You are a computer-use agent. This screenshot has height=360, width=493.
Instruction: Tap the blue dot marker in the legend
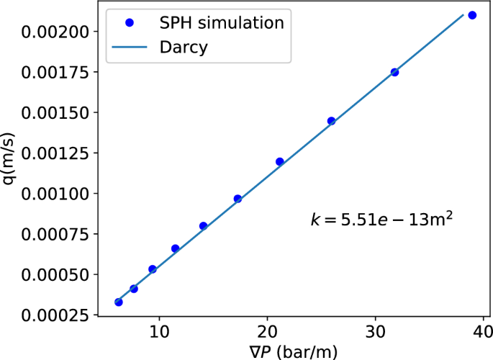tap(130, 22)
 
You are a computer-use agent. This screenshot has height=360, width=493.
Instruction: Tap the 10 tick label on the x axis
tap(159, 337)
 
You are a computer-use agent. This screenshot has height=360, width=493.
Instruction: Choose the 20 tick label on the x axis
tap(267, 337)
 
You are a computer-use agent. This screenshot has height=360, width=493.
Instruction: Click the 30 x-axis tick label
tap(375, 337)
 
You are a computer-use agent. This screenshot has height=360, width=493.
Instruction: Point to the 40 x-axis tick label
tap(483, 337)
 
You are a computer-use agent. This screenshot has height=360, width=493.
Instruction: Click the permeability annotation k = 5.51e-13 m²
tap(380, 220)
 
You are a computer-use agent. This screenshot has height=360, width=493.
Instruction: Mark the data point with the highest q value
tap(472, 15)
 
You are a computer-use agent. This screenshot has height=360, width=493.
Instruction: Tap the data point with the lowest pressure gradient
tap(119, 302)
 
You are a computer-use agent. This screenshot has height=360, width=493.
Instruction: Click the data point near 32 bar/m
tap(394, 72)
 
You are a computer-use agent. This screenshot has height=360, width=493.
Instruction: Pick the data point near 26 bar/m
tap(331, 121)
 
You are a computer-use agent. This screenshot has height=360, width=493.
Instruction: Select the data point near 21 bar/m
tap(280, 161)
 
